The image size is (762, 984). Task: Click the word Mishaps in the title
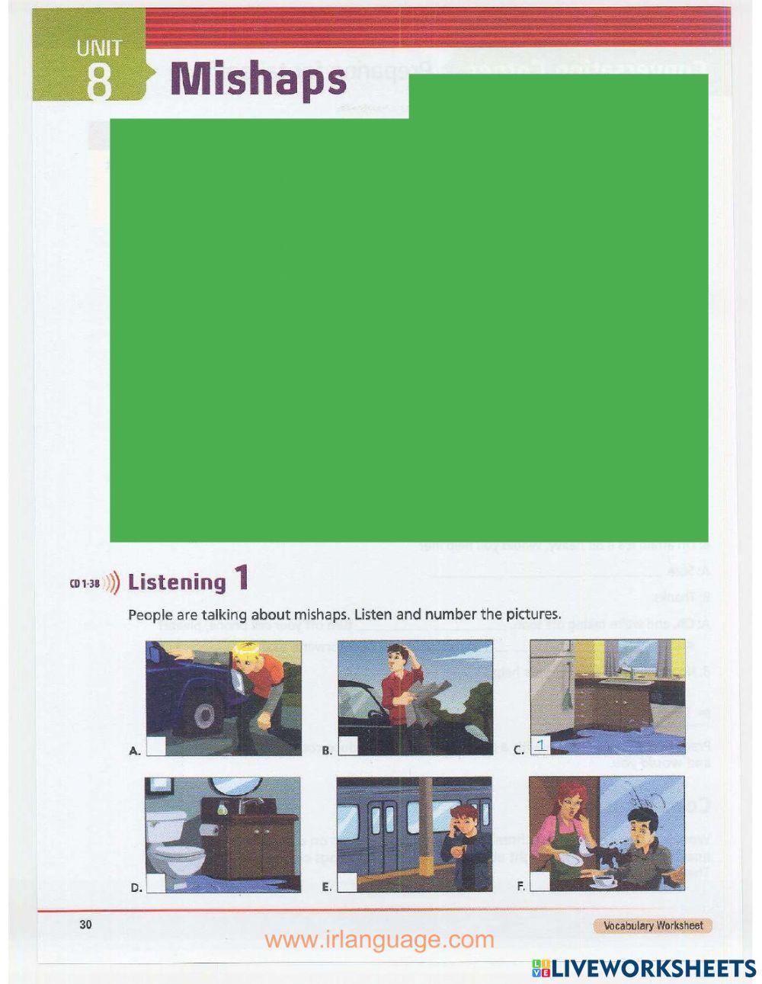pos(258,80)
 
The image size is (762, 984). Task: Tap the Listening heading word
pos(177,582)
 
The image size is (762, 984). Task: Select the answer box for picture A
pos(156,747)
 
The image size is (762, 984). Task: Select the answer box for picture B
pos(348,747)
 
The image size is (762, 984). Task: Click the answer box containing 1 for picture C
pos(540,746)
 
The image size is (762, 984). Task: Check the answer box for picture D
pos(156,883)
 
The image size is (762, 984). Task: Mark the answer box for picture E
pos(347,883)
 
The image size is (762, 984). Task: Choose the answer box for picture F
pos(539,883)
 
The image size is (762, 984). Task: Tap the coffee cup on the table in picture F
pos(607,880)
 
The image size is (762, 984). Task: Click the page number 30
pos(85,925)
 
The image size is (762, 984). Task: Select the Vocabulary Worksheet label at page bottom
pos(653,926)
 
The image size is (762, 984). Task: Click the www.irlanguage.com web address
pos(379,940)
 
